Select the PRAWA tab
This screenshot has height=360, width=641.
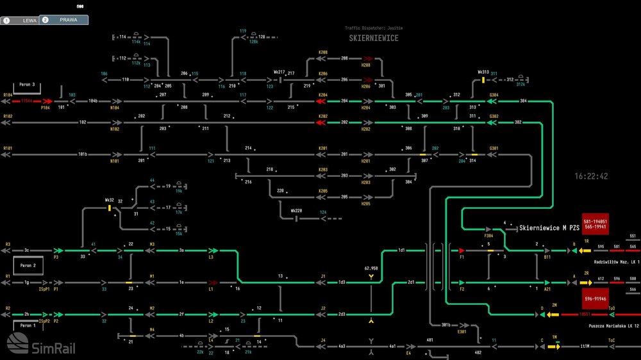pyautogui.click(x=64, y=20)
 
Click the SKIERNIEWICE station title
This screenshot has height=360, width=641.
pyautogui.click(x=374, y=38)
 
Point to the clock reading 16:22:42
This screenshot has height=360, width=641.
pyautogui.click(x=591, y=176)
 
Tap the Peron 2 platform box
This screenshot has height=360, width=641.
pyautogui.click(x=27, y=265)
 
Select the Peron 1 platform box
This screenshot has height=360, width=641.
pyautogui.click(x=27, y=325)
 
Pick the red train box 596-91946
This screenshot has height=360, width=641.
pyautogui.click(x=595, y=299)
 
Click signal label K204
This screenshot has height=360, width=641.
pyautogui.click(x=322, y=95)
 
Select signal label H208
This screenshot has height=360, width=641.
pyautogui.click(x=366, y=65)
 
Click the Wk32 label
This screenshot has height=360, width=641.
pyautogui.click(x=110, y=200)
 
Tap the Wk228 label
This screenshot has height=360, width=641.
pyautogui.click(x=296, y=211)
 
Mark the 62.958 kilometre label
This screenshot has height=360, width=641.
pyautogui.click(x=371, y=268)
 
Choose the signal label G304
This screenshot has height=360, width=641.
pyautogui.click(x=494, y=95)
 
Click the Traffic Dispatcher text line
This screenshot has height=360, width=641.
pyautogui.click(x=374, y=28)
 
